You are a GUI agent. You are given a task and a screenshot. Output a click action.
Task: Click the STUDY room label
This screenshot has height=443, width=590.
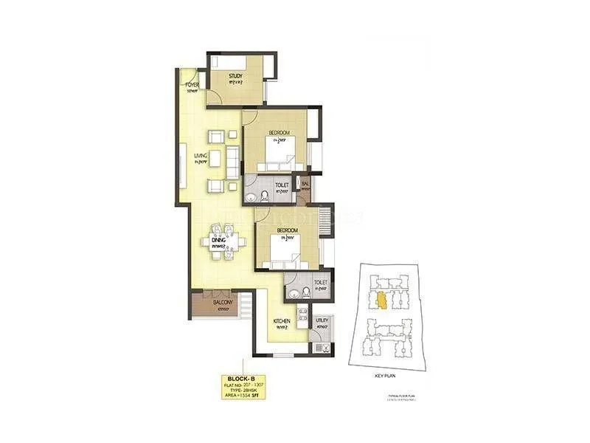click(x=236, y=75)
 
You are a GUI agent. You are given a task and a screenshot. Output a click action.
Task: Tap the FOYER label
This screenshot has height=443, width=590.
click(x=192, y=86)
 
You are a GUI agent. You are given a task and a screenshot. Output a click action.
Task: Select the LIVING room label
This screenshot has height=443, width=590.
click(x=200, y=156)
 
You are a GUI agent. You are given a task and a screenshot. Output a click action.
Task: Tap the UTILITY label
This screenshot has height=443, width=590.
click(x=322, y=321)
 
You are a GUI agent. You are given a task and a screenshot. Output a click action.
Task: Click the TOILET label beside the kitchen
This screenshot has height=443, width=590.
click(x=319, y=282)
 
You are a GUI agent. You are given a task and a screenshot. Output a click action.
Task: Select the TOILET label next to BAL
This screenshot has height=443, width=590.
click(x=281, y=185)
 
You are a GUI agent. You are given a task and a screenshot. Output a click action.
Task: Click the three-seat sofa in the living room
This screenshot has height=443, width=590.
click(x=232, y=159)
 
